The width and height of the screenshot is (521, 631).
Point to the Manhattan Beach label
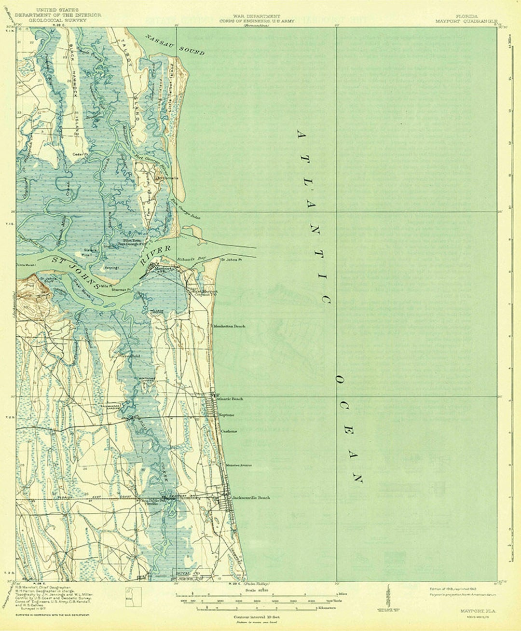[x=230, y=326]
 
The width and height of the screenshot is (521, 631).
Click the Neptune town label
[x=227, y=415]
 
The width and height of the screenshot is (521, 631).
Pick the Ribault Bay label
[x=194, y=259]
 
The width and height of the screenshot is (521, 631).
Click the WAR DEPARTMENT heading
[x=249, y=16]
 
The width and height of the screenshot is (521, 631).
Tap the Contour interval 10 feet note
[x=250, y=617]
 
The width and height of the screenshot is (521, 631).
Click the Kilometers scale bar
[x=250, y=609]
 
